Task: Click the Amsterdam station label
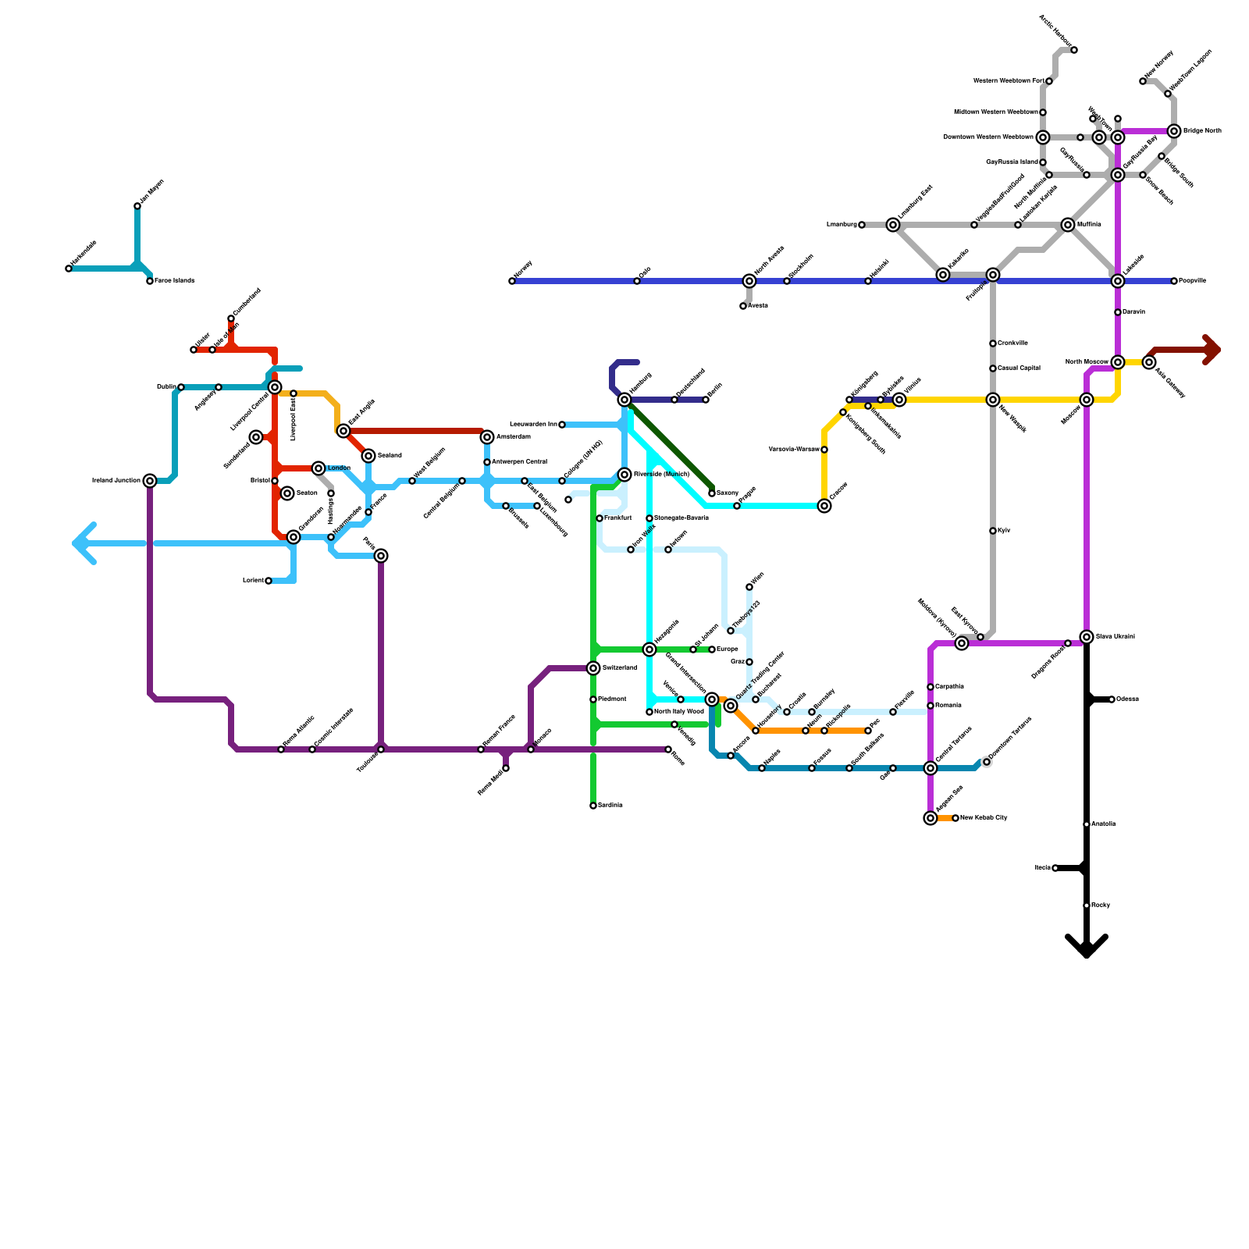point(513,437)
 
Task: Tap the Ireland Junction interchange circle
point(150,481)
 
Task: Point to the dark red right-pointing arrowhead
point(1212,350)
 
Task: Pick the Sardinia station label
point(610,806)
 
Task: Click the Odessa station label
point(1127,699)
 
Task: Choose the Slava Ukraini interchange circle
point(1087,637)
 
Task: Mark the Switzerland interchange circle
point(593,668)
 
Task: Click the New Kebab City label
point(984,818)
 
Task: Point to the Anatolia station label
point(1104,824)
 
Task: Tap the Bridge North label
point(1202,131)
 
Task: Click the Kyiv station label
point(1004,531)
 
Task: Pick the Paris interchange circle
point(381,556)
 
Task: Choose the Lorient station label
point(253,581)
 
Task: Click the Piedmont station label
point(612,699)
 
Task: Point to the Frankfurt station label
point(617,518)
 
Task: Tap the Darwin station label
point(1133,312)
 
